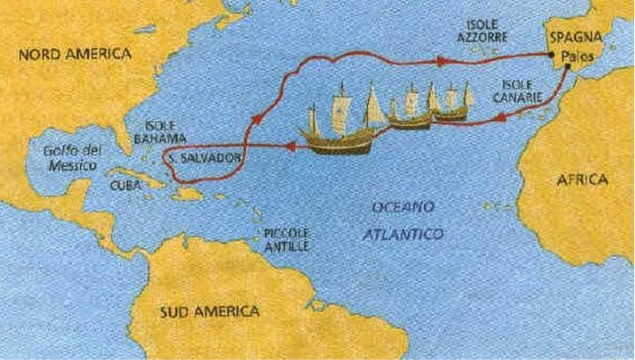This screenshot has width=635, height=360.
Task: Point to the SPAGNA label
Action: point(574,41)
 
